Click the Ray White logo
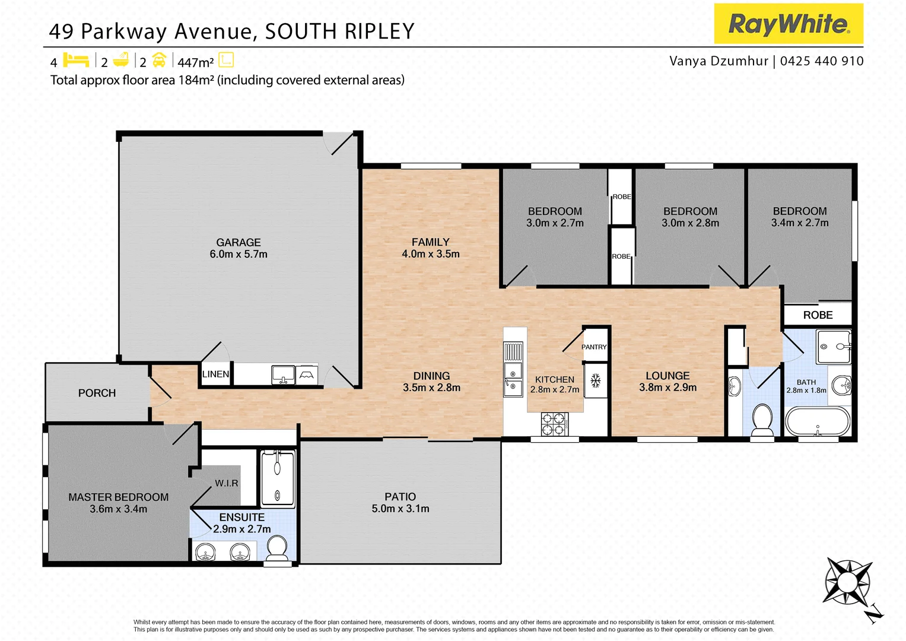(x=788, y=24)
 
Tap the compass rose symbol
(x=848, y=582)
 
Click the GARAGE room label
(x=238, y=242)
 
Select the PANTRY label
(x=594, y=347)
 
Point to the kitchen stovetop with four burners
(x=555, y=424)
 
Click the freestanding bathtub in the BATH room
(x=818, y=422)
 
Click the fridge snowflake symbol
(x=596, y=380)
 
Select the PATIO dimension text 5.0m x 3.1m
(x=400, y=509)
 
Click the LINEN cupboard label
(x=215, y=374)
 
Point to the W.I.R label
(x=227, y=483)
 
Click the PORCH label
(x=97, y=393)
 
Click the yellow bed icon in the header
(x=76, y=61)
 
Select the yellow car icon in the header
(x=159, y=61)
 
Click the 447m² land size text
(x=195, y=62)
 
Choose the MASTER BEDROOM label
(x=118, y=497)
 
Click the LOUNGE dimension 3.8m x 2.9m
(x=667, y=388)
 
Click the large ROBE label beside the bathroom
(x=818, y=315)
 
